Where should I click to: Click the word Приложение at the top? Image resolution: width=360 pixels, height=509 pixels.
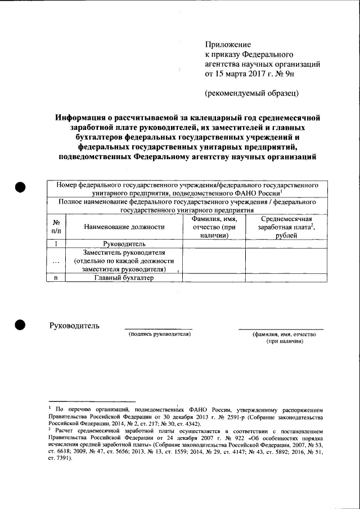tap(227, 44)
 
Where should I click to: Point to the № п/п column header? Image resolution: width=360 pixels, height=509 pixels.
tap(56, 227)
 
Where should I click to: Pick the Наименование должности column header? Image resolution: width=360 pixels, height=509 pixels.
tap(124, 227)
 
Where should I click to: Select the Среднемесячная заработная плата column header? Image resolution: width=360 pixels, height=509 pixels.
tap(285, 227)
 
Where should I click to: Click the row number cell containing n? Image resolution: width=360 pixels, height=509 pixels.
tap(56, 278)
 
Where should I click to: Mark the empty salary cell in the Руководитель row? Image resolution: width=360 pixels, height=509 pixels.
tap(285, 244)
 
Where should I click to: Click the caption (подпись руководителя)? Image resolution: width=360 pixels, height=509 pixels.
tap(160, 334)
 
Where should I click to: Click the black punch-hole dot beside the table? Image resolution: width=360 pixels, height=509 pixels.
tap(21, 188)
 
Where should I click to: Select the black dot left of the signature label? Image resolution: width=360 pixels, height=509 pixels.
tap(21, 325)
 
